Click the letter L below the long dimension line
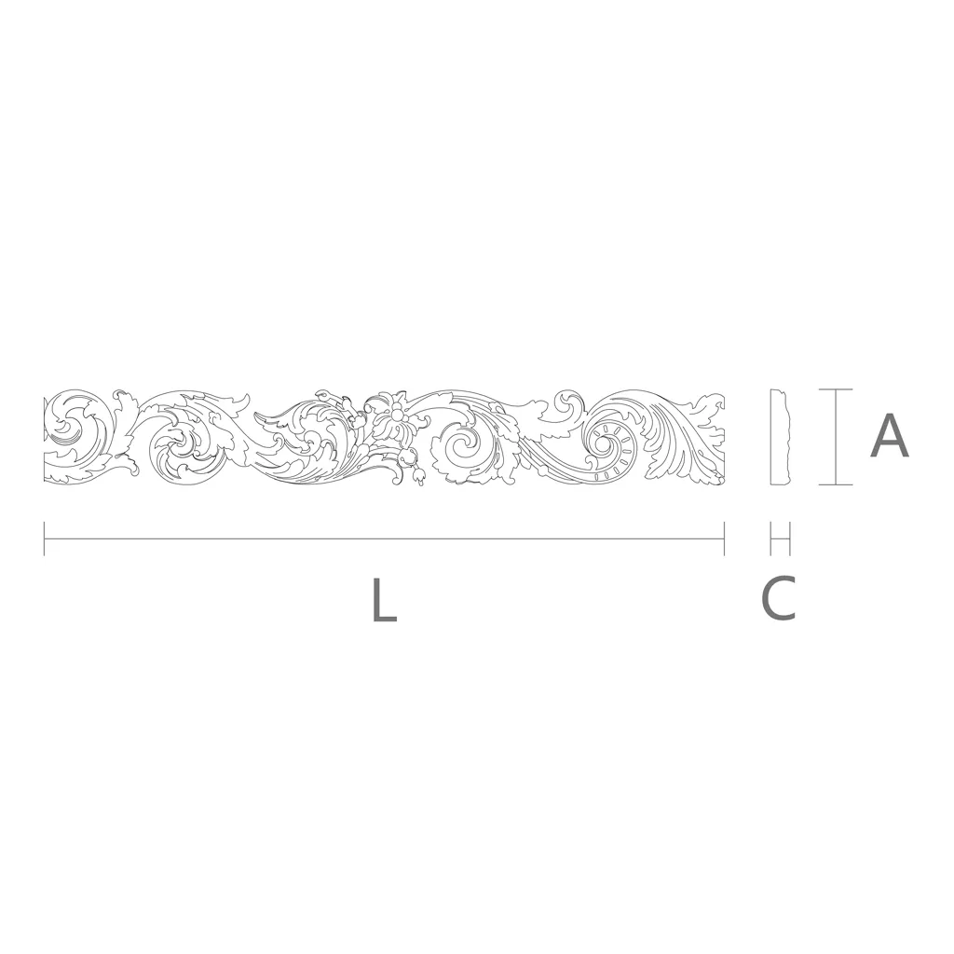[385, 600]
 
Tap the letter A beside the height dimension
[890, 436]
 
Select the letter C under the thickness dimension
[779, 598]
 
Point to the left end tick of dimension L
[45, 538]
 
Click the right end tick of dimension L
[724, 538]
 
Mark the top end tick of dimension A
[836, 389]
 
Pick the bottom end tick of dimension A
[836, 484]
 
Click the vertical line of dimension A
[836, 437]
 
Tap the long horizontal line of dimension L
[384, 538]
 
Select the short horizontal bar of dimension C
[780, 538]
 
